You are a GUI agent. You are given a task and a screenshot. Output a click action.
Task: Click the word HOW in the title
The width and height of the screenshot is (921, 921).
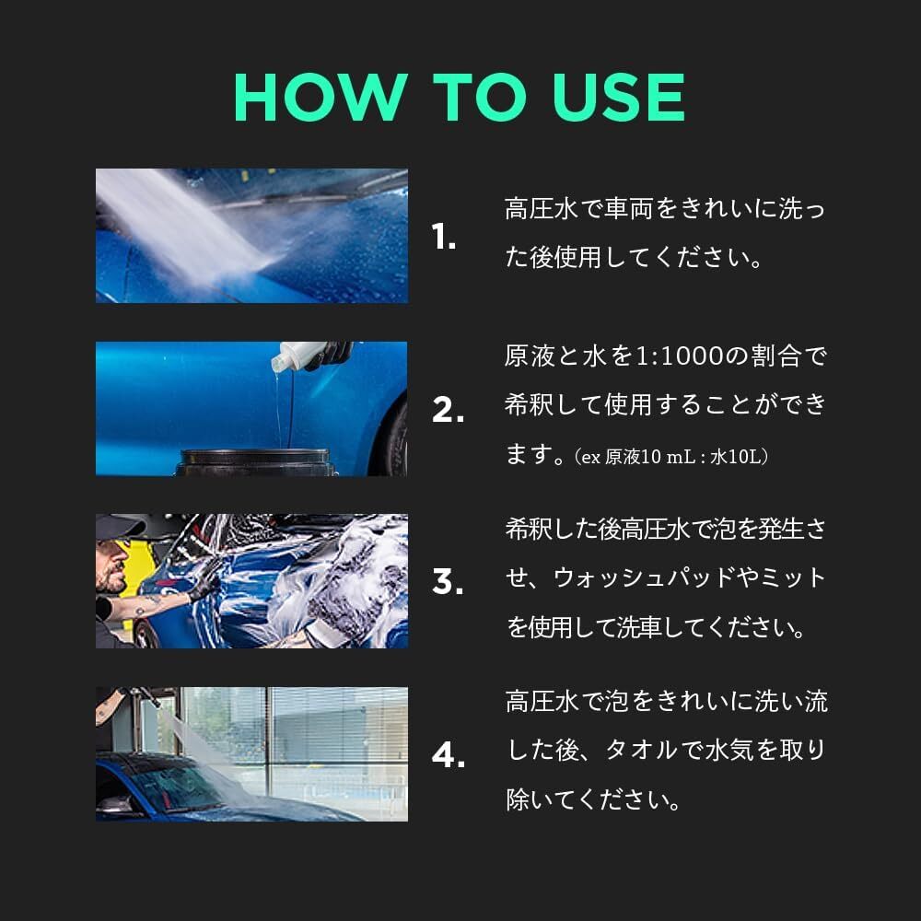coord(319,97)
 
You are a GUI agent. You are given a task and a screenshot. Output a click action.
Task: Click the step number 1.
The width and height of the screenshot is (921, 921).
coord(444,239)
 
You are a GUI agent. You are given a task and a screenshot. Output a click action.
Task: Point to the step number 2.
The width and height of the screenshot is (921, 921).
coord(448,412)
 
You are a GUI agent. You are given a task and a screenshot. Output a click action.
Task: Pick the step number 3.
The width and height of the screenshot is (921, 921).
coord(448,583)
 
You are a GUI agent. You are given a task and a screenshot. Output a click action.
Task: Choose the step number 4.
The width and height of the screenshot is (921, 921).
coord(448,756)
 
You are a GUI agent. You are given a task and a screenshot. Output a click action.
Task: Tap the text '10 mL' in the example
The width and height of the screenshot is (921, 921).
coord(668,456)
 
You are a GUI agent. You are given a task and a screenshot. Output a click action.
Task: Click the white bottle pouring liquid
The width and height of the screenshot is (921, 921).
coord(299,355)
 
